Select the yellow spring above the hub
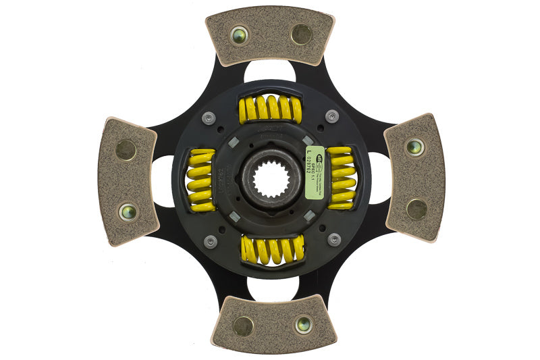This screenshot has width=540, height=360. pos(270,109)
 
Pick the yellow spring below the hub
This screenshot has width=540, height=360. pos(272,249)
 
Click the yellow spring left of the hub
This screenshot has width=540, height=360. pos(200,179)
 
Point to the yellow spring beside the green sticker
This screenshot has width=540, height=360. pos(341,177)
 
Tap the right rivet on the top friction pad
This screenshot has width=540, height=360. pos(301,33)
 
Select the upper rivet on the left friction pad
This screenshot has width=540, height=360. pos(125,149)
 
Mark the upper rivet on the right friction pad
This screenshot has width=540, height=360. pos(414,147)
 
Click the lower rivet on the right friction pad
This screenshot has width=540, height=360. pos(416,209)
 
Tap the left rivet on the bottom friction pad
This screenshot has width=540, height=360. pos(242,326)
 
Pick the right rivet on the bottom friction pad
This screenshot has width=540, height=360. pos(304,324)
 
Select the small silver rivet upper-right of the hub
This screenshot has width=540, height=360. pos(331,116)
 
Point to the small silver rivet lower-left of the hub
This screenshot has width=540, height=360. pos(209,240)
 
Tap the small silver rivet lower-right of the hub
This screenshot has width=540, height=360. pos(333,240)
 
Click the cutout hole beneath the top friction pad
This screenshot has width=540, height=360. pos(270,73)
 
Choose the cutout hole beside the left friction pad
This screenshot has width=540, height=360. pos(164,180)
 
